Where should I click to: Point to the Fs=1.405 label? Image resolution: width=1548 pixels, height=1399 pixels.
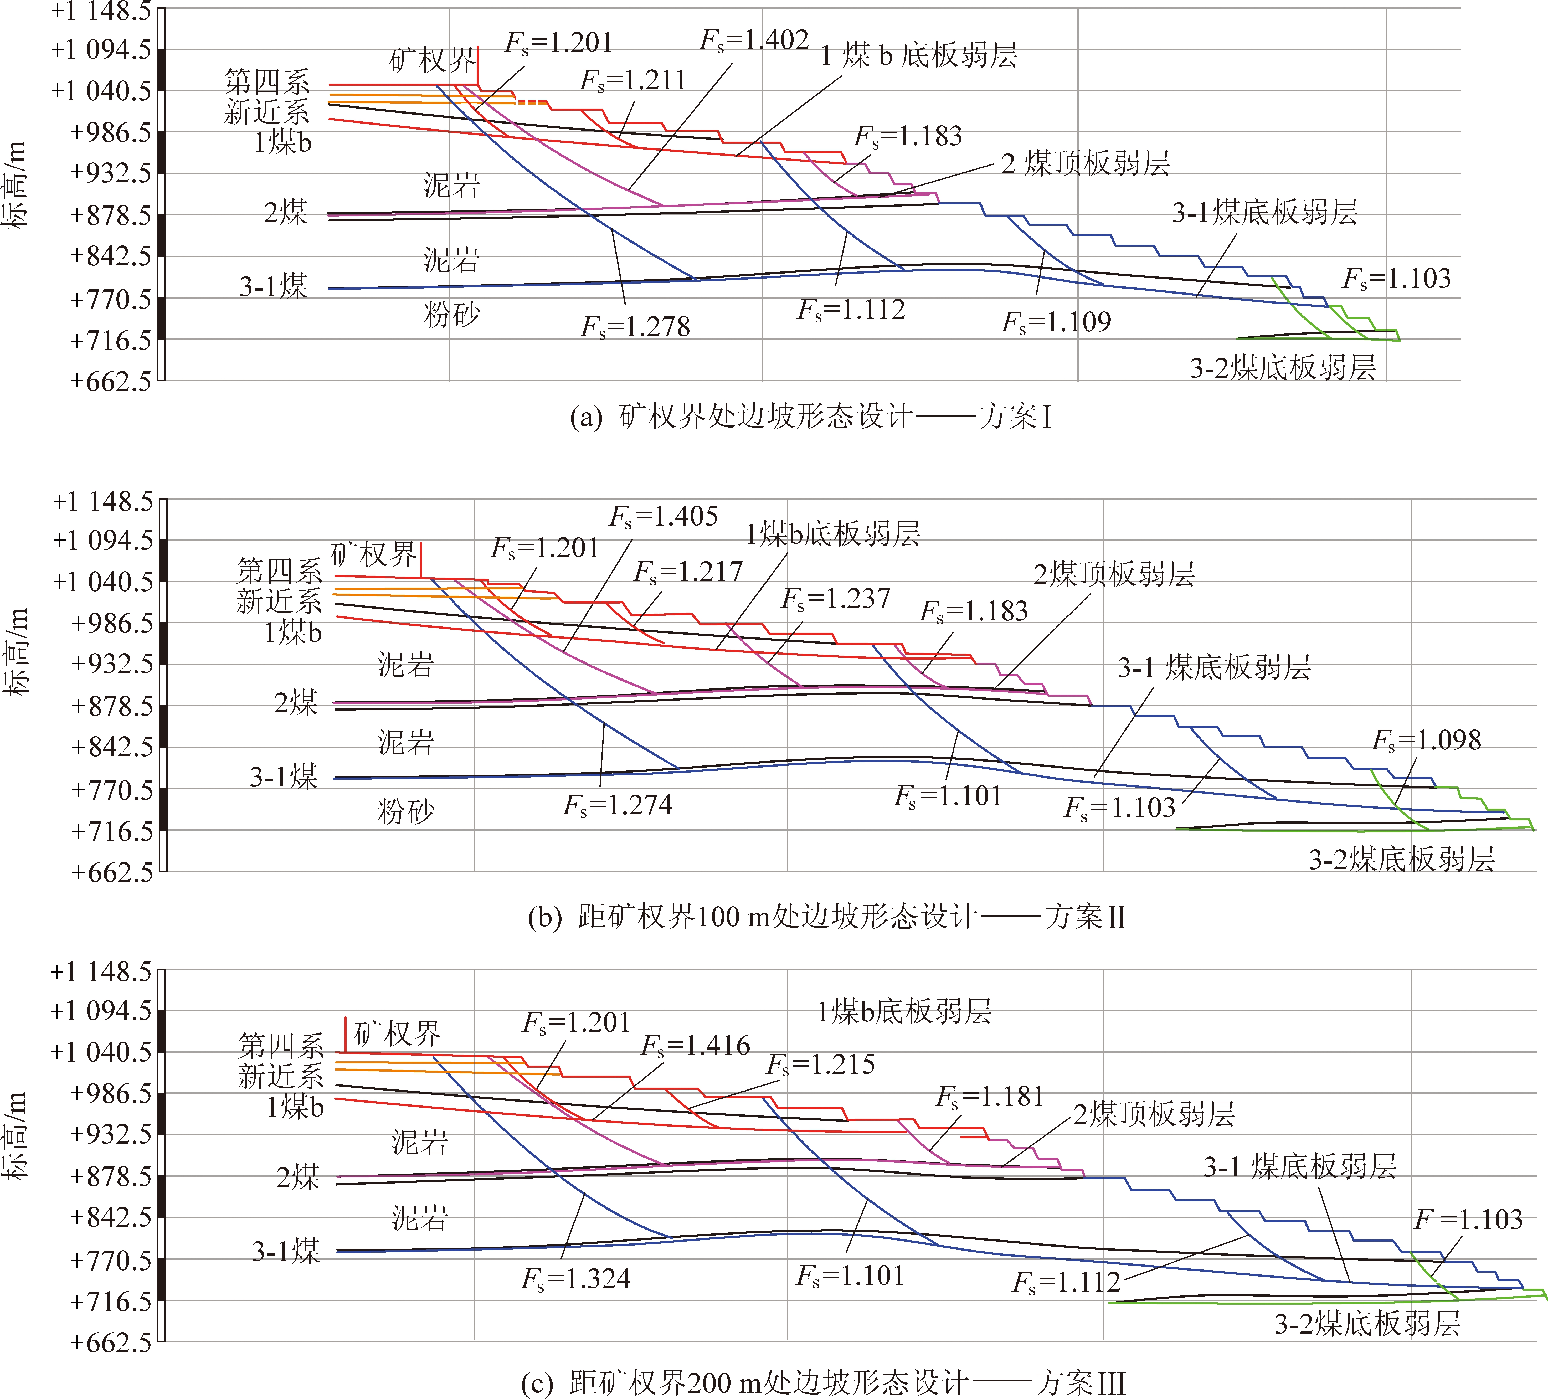664,517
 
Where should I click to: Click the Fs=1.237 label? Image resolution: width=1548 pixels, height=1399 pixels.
835,599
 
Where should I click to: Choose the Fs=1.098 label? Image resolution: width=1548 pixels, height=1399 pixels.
1427,740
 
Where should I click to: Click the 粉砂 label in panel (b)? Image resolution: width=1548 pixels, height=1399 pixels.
405,812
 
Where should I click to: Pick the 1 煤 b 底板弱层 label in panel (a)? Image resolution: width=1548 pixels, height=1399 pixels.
919,55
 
